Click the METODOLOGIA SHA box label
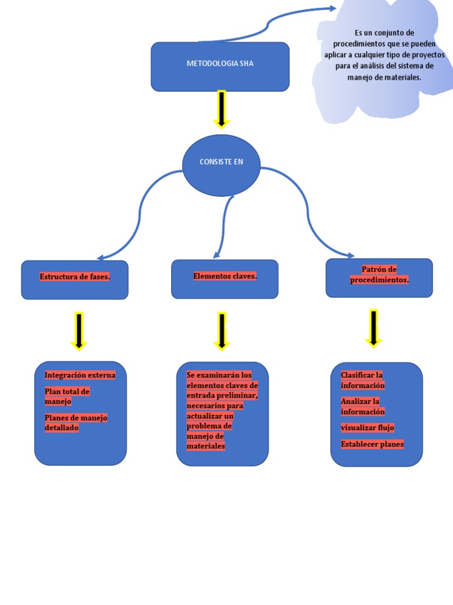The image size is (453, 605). coord(220,63)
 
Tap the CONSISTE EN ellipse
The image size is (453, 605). coord(221,162)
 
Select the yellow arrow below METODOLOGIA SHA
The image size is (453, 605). coord(221,109)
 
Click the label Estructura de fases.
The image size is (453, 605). coord(75,277)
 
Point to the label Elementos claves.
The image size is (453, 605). coord(225,276)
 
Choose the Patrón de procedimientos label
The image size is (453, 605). coord(379,275)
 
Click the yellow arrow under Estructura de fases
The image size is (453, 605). coord(78,331)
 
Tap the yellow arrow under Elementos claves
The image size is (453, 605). coord(222,331)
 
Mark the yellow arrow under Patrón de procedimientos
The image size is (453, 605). coord(373,328)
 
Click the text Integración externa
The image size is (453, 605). coord(80,375)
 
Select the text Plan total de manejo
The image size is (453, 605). coord(67,396)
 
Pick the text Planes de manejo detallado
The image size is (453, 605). coord(75,423)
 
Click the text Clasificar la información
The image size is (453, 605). coord(362,380)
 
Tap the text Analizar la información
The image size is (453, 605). coord(362,406)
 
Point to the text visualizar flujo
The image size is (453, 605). coord(367,428)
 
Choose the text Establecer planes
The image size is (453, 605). coord(372,444)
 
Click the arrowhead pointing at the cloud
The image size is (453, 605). coord(331,9)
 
